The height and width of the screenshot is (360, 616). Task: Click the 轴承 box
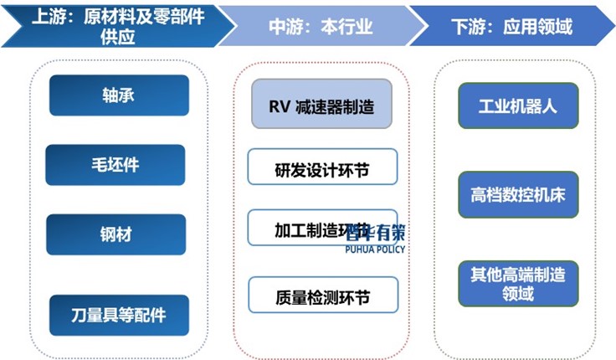[x=118, y=95]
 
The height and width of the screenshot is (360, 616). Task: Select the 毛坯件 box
[x=116, y=165]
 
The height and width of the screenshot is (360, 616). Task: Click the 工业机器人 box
[x=517, y=105]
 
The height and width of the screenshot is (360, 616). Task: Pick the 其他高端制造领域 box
[x=518, y=283]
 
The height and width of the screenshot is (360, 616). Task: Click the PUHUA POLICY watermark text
[x=374, y=249]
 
